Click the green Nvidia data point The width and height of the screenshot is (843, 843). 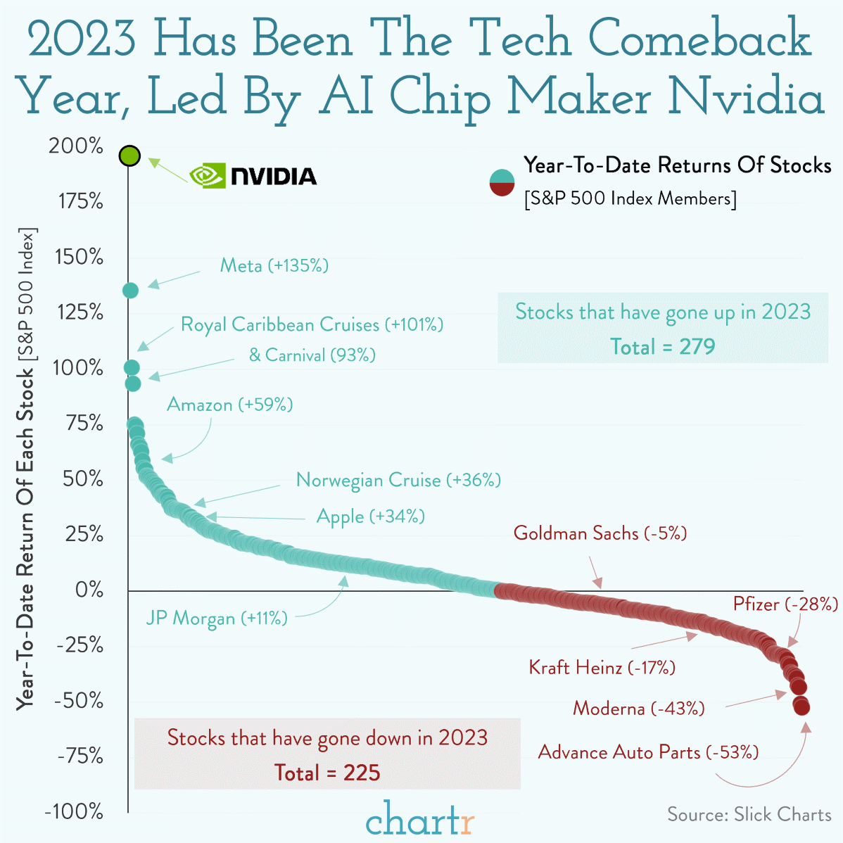pyautogui.click(x=129, y=156)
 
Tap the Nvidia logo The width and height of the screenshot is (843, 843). pyautogui.click(x=253, y=176)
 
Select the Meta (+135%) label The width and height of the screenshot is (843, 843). pyautogui.click(x=274, y=265)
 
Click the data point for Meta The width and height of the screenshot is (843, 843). pyautogui.click(x=131, y=291)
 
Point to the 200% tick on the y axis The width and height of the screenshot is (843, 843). pyautogui.click(x=76, y=146)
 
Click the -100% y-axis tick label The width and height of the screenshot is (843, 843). pyautogui.click(x=74, y=811)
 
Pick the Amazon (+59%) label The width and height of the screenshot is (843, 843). pyautogui.click(x=230, y=405)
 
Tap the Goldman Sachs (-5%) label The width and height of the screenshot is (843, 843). pyautogui.click(x=600, y=533)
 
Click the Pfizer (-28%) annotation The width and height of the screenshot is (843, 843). pyautogui.click(x=785, y=604)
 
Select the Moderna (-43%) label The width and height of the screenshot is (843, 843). pyautogui.click(x=639, y=708)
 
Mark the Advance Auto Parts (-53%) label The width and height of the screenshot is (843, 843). pyautogui.click(x=648, y=752)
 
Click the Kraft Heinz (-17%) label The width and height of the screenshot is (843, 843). pyautogui.click(x=602, y=667)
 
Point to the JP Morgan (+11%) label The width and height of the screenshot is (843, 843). pyautogui.click(x=217, y=619)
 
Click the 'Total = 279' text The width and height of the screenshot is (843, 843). pyautogui.click(x=662, y=347)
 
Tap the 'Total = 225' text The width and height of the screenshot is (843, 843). pyautogui.click(x=327, y=773)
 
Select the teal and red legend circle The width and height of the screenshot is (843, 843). pyautogui.click(x=502, y=183)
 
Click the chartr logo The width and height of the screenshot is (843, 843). pyautogui.click(x=420, y=818)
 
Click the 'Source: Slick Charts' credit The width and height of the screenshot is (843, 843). pyautogui.click(x=749, y=815)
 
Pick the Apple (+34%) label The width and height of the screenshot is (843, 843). pyautogui.click(x=371, y=516)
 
